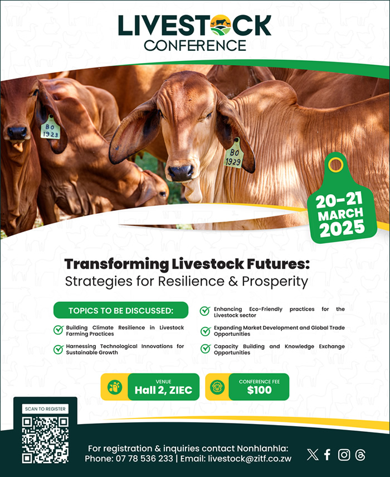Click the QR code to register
pyautogui.click(x=45, y=440)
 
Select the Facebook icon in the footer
pyautogui.click(x=327, y=455)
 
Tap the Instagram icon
pyautogui.click(x=344, y=455)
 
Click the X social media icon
pyautogui.click(x=313, y=455)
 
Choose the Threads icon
pyautogui.click(x=360, y=455)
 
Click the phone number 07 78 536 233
pyautogui.click(x=144, y=459)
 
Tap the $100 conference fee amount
pyautogui.click(x=259, y=390)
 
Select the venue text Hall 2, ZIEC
pyautogui.click(x=163, y=390)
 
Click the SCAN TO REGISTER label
pyautogui.click(x=45, y=409)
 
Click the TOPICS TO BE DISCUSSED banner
pyautogui.click(x=121, y=310)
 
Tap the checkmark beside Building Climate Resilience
pyautogui.click(x=58, y=330)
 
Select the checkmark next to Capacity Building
pyautogui.click(x=206, y=349)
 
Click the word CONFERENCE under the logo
pyautogui.click(x=194, y=46)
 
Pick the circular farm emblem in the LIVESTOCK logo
pyautogui.click(x=221, y=25)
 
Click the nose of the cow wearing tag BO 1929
pyautogui.click(x=181, y=173)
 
